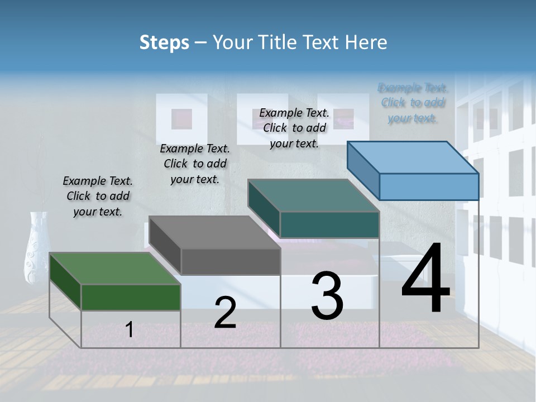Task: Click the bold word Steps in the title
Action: click(x=164, y=42)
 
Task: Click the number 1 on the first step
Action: click(x=130, y=330)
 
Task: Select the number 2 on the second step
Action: click(x=225, y=313)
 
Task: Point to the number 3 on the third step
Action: click(x=327, y=296)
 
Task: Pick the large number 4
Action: click(x=425, y=279)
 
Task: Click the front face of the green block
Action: click(x=131, y=297)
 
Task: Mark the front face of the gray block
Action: click(x=231, y=261)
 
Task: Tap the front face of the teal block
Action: click(x=329, y=224)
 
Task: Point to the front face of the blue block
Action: click(x=429, y=186)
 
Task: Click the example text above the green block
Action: click(x=98, y=196)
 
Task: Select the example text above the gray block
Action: click(x=195, y=164)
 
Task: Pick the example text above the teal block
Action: click(x=294, y=128)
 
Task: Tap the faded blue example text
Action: click(x=413, y=103)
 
